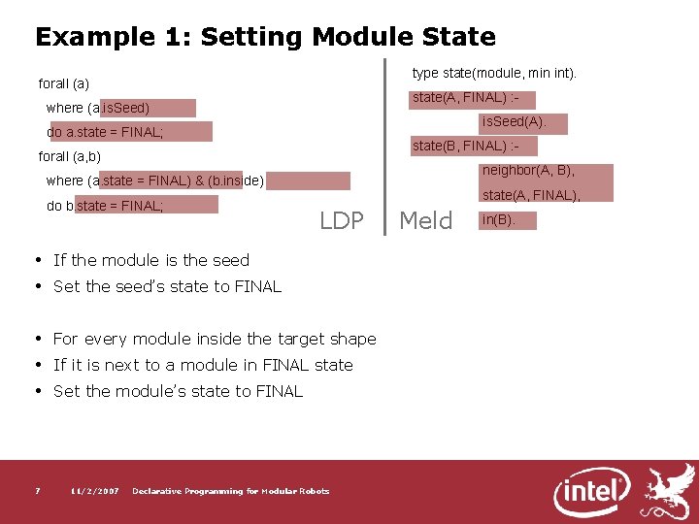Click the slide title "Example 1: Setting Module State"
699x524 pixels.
pyautogui.click(x=265, y=38)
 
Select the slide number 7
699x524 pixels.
pyautogui.click(x=37, y=491)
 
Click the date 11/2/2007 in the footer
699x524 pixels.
pyautogui.click(x=95, y=491)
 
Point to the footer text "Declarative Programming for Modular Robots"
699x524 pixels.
pyautogui.click(x=230, y=491)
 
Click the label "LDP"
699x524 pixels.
pyautogui.click(x=342, y=221)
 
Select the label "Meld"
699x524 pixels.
pyautogui.click(x=426, y=221)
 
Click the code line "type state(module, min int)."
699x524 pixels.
pyautogui.click(x=494, y=74)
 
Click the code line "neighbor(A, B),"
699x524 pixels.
pyautogui.click(x=528, y=171)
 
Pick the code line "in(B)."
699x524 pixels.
pyautogui.click(x=497, y=220)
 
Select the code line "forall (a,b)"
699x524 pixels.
pyautogui.click(x=70, y=156)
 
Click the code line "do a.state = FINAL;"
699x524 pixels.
pyautogui.click(x=105, y=132)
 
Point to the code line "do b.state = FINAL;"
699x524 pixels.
pyautogui.click(x=105, y=206)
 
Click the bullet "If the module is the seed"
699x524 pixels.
pyautogui.click(x=150, y=260)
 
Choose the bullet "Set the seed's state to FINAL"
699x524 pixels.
pyautogui.click(x=167, y=286)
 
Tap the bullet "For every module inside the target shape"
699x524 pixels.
pyautogui.click(x=215, y=339)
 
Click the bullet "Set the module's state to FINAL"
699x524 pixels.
pyautogui.click(x=178, y=391)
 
